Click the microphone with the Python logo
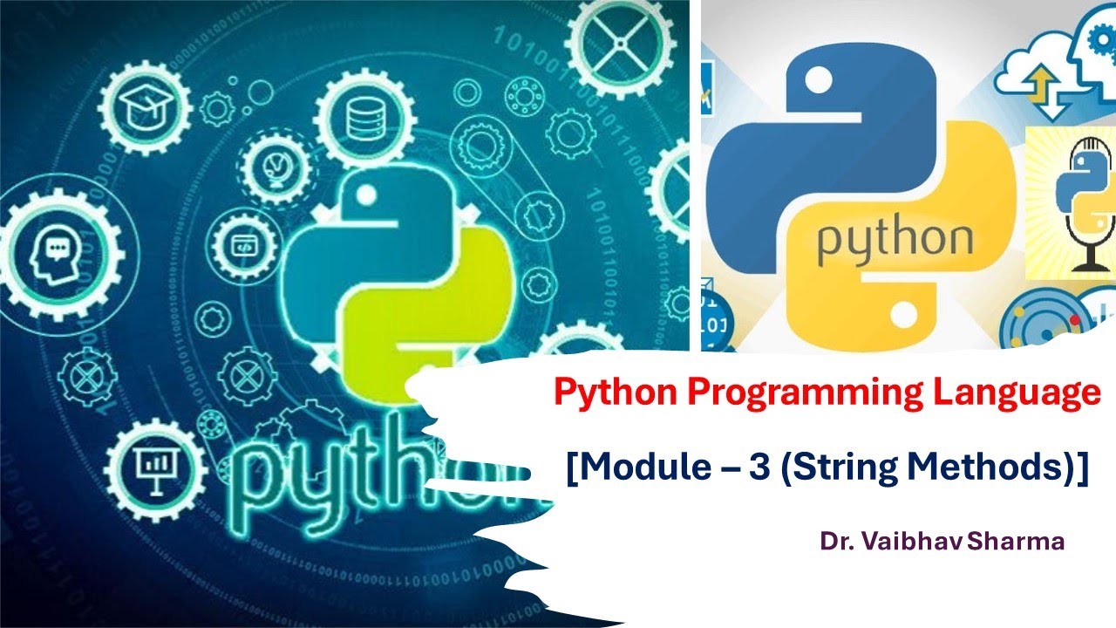[1081, 201]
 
